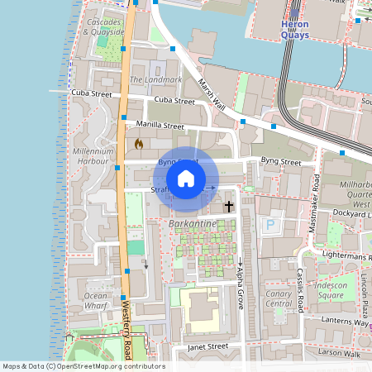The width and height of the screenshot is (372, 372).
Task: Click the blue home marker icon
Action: tap(186, 178)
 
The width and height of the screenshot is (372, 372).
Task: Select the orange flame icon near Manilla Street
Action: tap(139, 144)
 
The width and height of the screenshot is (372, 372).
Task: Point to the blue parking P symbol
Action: tap(269, 224)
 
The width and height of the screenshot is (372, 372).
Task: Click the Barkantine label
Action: tap(192, 224)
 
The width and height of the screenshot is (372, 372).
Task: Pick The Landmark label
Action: tap(155, 80)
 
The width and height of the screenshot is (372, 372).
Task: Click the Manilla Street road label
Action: tap(161, 126)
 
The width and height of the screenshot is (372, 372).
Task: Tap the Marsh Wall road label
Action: tap(212, 94)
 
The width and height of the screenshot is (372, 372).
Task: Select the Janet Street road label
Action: tap(206, 346)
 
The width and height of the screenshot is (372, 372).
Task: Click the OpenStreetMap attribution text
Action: tap(83, 366)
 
